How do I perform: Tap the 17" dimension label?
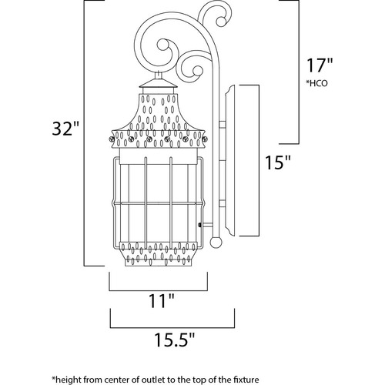pos(320,65)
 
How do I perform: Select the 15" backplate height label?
pos(277,162)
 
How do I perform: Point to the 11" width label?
pos(162,300)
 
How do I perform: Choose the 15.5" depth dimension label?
pos(175,340)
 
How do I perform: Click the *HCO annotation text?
pos(316,83)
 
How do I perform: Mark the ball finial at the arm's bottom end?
pos(216,242)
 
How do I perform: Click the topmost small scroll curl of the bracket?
pos(221,21)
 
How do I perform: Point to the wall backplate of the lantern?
pos(229,160)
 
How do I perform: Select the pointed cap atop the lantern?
pos(159,84)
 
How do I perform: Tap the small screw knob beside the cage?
pos(199,225)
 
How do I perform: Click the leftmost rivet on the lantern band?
pos(112,139)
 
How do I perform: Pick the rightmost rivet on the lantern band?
pos(205,139)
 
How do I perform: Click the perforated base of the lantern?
pos(159,253)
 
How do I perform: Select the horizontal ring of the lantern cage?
pos(159,203)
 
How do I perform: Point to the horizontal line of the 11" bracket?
pos(159,291)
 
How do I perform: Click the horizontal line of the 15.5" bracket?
pos(172,328)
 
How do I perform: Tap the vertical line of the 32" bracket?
pos(85,133)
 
